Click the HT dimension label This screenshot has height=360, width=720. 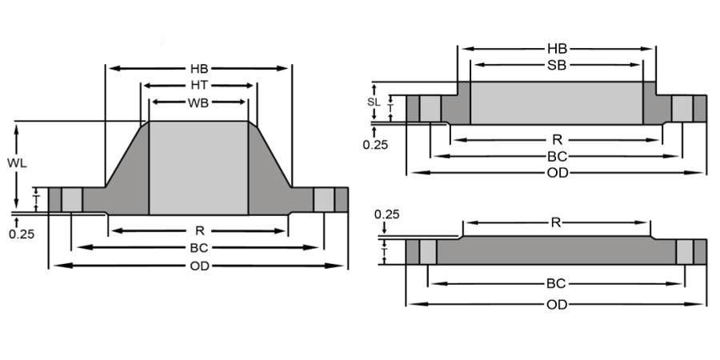[x=198, y=86]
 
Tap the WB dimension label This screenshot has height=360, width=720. [x=198, y=102]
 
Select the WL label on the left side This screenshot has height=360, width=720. [x=18, y=163]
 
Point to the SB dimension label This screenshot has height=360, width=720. [x=557, y=65]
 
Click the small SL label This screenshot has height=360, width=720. [x=373, y=102]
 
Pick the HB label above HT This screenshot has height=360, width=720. [x=198, y=68]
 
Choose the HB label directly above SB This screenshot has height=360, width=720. [x=557, y=48]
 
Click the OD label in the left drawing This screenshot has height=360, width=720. [x=198, y=266]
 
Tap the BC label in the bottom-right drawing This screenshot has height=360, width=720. [x=556, y=283]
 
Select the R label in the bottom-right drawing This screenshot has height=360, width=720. [x=556, y=222]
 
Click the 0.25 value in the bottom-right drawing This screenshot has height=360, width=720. [x=386, y=214]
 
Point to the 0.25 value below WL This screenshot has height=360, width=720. [x=20, y=234]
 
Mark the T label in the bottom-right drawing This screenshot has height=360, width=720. [x=385, y=252]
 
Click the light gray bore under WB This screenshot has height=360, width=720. [x=198, y=168]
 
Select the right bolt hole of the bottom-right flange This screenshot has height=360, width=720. [x=685, y=252]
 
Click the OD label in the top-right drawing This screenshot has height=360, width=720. [x=557, y=172]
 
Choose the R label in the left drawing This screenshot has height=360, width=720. [x=198, y=231]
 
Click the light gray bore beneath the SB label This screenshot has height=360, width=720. [x=557, y=102]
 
